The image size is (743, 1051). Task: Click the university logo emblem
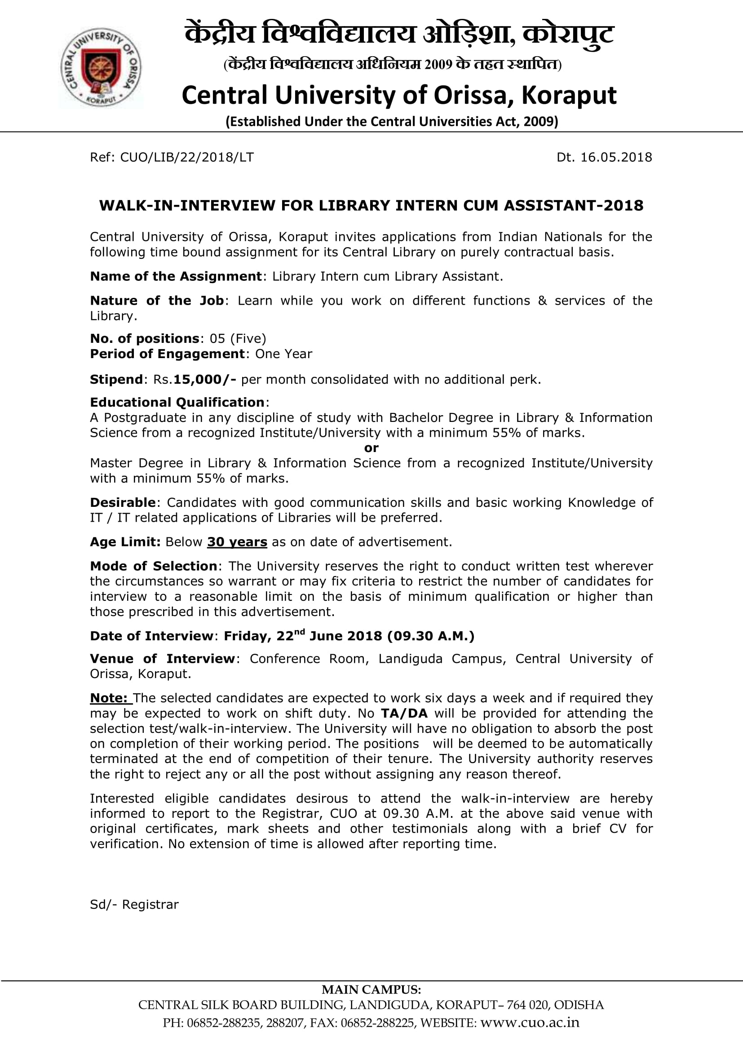pyautogui.click(x=101, y=67)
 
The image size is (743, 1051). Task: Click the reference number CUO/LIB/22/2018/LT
pyautogui.click(x=186, y=157)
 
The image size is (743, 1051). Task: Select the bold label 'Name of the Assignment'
pyautogui.click(x=176, y=276)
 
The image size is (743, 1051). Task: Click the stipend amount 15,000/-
pyautogui.click(x=204, y=380)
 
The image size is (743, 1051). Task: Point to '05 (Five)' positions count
pyautogui.click(x=238, y=338)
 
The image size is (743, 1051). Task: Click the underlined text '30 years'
pyautogui.click(x=237, y=542)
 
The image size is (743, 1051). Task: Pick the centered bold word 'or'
pyautogui.click(x=371, y=448)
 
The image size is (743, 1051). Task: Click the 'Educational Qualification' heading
pyautogui.click(x=177, y=402)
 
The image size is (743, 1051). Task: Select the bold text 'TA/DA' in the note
pyautogui.click(x=404, y=713)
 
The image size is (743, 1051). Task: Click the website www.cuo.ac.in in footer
pyautogui.click(x=529, y=1023)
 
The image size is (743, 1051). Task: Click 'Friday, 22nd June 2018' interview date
pyautogui.click(x=302, y=636)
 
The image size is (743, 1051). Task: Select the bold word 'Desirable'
pyautogui.click(x=123, y=503)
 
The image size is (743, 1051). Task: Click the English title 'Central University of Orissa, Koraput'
pyautogui.click(x=398, y=95)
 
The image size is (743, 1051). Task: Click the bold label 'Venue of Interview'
pyautogui.click(x=163, y=659)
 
